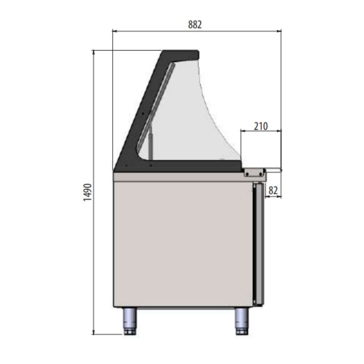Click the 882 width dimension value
[195, 25]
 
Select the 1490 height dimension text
[87, 192]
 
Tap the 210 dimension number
[261, 126]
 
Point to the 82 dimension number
[273, 190]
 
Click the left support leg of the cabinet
[130, 321]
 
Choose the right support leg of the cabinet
[242, 321]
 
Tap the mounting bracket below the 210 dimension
[254, 172]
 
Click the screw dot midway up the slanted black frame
[143, 113]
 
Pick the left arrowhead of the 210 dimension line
[242, 131]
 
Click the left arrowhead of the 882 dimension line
[114, 31]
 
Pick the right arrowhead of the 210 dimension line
[280, 131]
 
